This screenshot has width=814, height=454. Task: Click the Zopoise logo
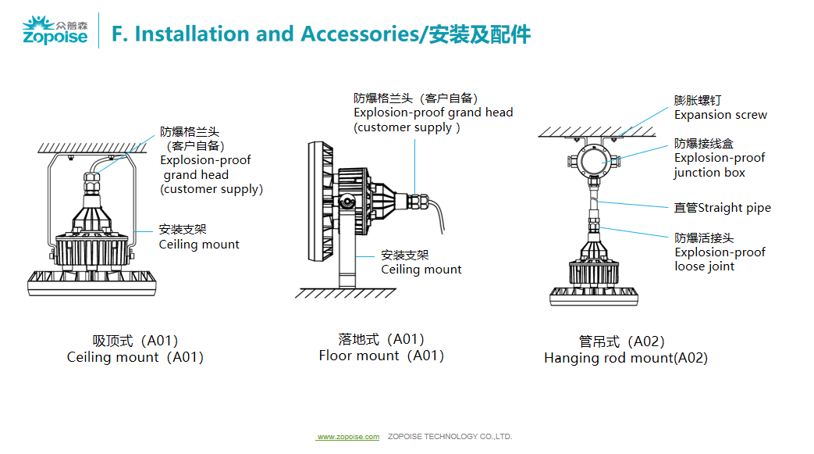tap(55, 31)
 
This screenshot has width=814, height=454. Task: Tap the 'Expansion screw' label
tap(720, 115)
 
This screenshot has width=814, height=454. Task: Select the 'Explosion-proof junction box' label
tap(719, 158)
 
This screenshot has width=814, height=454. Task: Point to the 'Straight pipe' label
tap(722, 208)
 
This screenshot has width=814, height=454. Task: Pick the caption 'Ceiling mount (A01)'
tap(135, 357)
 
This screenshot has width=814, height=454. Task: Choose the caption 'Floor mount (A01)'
tap(381, 356)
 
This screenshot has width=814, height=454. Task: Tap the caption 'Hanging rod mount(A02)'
tap(625, 358)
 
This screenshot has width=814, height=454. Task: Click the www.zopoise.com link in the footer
tap(348, 437)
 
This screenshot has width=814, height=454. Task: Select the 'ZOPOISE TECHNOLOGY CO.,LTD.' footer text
tap(450, 437)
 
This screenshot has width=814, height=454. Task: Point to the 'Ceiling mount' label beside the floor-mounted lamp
tap(421, 270)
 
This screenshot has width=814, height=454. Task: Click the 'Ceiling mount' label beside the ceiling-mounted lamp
tap(199, 244)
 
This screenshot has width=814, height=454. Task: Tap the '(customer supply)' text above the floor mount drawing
tap(407, 127)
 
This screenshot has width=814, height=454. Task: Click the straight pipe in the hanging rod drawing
tap(594, 203)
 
